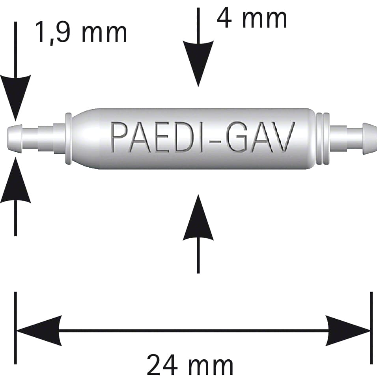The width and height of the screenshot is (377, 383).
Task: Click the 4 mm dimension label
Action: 252,18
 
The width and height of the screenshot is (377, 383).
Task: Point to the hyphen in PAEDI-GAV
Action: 215,139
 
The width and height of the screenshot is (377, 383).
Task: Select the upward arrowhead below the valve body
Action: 198,217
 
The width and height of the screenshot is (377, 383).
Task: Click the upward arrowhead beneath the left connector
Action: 16,180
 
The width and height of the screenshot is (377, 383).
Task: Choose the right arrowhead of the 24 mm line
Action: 348,331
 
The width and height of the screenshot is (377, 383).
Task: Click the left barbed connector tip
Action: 15,139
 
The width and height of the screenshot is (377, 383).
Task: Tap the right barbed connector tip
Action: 370,138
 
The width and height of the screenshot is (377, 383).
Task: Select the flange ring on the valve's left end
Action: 69,138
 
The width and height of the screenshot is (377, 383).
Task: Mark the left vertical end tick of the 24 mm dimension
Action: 15,328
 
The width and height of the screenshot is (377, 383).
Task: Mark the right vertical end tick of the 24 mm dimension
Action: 371,328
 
